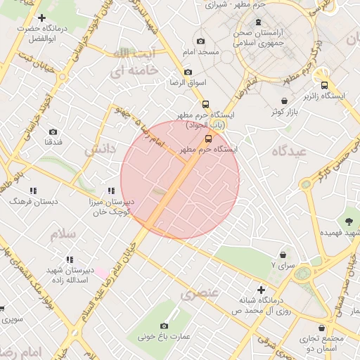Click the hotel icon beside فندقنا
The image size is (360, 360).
(x=53, y=131)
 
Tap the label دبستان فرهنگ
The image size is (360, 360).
(x=29, y=201)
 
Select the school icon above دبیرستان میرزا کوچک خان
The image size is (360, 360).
(x=111, y=191)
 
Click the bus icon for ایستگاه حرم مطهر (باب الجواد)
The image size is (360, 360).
(x=205, y=103)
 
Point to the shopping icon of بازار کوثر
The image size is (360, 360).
(x=284, y=101)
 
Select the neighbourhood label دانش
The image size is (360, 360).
(x=99, y=150)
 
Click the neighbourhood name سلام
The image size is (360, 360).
(x=62, y=234)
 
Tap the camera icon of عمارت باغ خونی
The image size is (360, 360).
(x=164, y=326)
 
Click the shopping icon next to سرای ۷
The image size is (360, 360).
(x=283, y=255)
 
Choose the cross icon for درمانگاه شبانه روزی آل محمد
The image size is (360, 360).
(x=262, y=290)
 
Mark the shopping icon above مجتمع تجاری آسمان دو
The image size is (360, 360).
(x=322, y=328)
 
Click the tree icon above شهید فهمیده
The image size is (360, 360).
(x=349, y=221)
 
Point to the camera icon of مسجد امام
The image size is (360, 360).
(x=201, y=41)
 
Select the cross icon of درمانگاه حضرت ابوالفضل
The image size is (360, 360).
(x=42, y=18)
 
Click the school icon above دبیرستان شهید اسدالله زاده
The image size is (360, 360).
(x=69, y=259)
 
